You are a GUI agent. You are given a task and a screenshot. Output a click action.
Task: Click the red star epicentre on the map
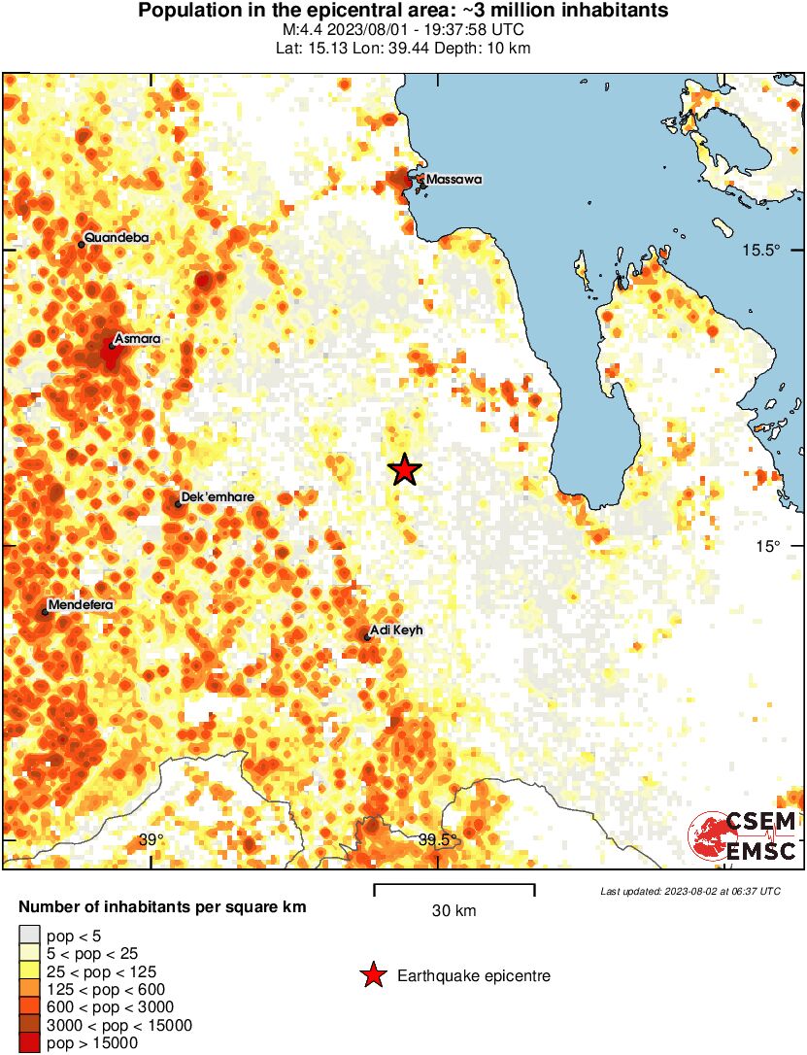tap(405, 470)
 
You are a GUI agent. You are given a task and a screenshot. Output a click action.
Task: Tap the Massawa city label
tap(454, 180)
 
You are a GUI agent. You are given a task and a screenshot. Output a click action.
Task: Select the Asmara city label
tap(136, 339)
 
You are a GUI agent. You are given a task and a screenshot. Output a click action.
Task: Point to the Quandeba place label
tap(118, 237)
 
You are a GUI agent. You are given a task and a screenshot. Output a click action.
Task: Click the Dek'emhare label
tap(218, 497)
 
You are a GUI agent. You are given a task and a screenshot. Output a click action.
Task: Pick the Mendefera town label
tap(81, 605)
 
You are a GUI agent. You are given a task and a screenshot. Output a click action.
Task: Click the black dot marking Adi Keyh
tap(367, 637)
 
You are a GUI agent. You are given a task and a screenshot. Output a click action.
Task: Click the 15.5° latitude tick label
tap(761, 250)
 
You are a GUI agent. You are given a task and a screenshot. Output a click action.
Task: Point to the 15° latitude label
tap(769, 546)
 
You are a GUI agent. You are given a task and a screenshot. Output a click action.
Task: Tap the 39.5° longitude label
tap(437, 840)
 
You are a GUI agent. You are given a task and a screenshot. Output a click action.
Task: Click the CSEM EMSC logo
tap(743, 835)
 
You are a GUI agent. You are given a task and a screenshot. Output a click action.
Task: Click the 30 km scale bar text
tap(454, 911)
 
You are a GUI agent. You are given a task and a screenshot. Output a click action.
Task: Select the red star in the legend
tap(372, 976)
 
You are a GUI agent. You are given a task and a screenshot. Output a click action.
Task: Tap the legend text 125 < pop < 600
tap(96, 990)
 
